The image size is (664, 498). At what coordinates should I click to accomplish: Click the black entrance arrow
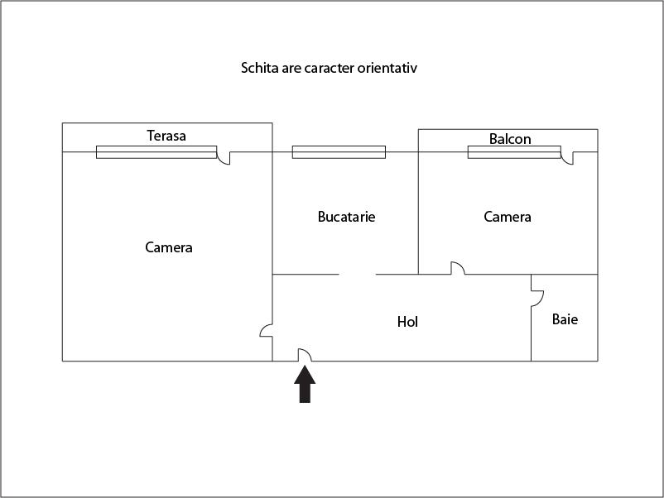(x=305, y=384)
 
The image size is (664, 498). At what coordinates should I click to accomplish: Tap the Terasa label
(x=166, y=136)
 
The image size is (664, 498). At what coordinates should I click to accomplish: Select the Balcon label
(x=510, y=139)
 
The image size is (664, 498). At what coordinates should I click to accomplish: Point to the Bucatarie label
(x=346, y=217)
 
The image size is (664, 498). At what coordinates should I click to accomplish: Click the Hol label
(x=407, y=322)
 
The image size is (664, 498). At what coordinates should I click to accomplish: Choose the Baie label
(x=565, y=319)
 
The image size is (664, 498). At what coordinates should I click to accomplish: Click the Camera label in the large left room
(x=169, y=247)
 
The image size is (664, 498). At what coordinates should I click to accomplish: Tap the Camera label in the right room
(x=508, y=217)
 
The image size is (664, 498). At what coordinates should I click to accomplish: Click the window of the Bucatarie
(x=339, y=152)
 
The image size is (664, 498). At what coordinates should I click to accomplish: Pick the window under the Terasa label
(x=156, y=152)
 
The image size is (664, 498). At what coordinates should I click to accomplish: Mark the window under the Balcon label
(x=514, y=152)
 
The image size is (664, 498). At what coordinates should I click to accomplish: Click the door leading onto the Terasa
(x=224, y=158)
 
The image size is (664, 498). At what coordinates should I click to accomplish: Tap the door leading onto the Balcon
(x=567, y=158)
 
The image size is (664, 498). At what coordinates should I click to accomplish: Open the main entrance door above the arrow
(x=305, y=355)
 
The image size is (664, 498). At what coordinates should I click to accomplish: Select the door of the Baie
(x=537, y=299)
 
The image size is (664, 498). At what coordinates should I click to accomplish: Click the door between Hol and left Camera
(x=266, y=330)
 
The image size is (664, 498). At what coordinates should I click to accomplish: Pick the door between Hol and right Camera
(x=458, y=268)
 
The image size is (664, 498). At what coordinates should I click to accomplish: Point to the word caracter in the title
(x=330, y=68)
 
